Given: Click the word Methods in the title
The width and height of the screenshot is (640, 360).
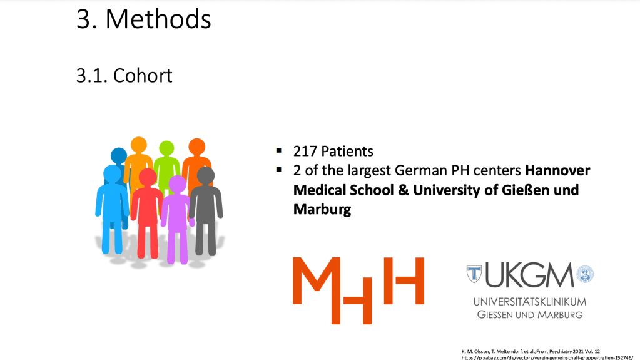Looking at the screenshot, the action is [158, 19].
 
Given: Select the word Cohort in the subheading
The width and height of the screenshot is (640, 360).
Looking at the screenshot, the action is [143, 76].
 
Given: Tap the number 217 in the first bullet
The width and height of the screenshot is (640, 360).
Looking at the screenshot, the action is [305, 151].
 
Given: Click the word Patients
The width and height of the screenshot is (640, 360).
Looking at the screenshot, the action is [347, 151].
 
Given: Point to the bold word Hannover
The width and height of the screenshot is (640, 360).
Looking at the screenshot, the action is [557, 170].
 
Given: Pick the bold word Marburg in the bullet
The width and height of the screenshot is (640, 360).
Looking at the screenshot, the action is [322, 209].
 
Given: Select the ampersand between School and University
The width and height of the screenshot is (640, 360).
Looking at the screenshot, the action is [403, 190].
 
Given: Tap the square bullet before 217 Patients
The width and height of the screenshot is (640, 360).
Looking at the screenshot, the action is [279, 150].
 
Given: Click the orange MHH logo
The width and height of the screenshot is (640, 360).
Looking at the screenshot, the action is [358, 290].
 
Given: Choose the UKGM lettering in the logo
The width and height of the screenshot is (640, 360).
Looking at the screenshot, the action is [529, 275].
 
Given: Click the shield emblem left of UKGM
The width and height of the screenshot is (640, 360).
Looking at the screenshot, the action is [474, 274].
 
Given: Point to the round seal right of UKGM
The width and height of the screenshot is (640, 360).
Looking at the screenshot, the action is [585, 274].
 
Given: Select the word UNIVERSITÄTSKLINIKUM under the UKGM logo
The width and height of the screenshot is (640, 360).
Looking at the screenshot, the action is [530, 302].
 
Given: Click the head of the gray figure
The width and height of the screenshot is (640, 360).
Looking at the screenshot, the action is [206, 176].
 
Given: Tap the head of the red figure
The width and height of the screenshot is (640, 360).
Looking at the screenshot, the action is [148, 177].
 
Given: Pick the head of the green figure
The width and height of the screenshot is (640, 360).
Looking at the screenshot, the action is [166, 148].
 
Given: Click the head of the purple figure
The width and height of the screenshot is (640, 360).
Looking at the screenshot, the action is [178, 184].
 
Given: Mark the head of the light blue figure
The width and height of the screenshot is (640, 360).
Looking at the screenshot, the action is [112, 173].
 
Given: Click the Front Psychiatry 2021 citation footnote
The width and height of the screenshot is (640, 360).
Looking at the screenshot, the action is [531, 351].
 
